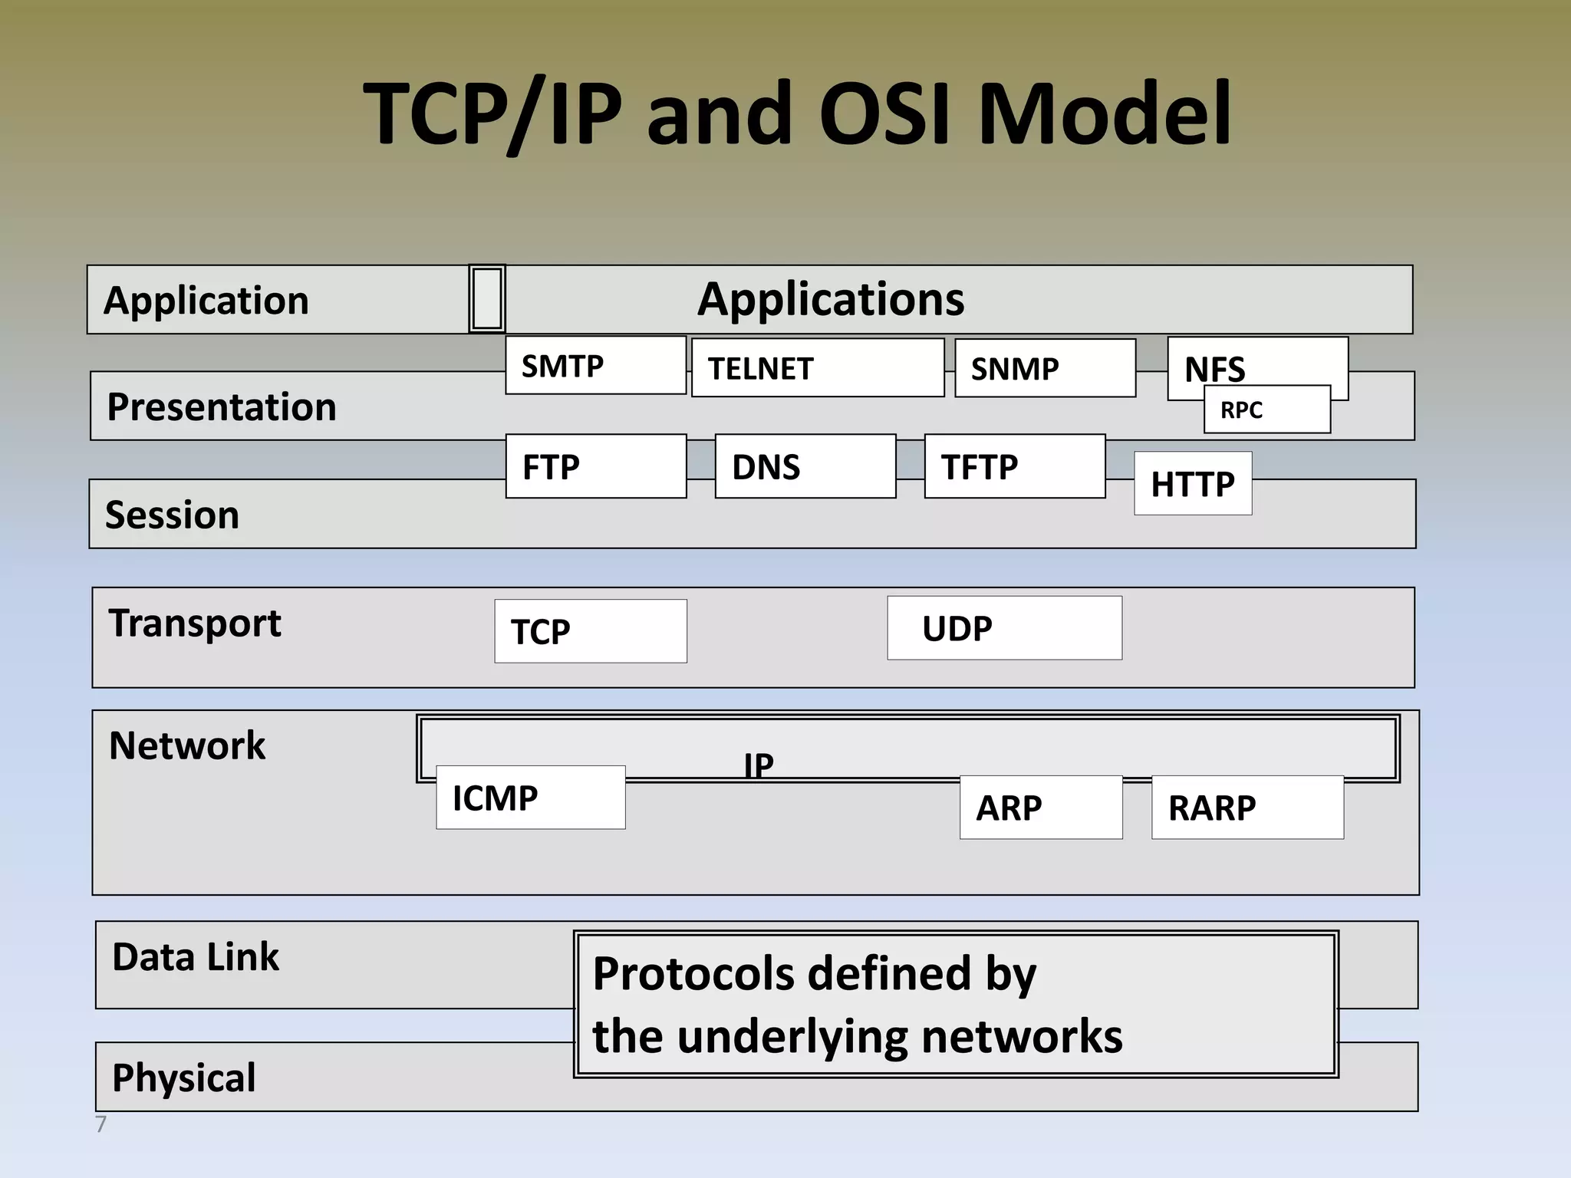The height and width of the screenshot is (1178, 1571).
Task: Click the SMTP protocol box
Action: point(595,366)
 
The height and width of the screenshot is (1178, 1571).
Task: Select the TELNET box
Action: point(817,368)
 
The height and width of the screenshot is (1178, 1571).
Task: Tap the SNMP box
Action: point(1045,369)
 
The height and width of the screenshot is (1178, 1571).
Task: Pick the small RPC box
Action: point(1266,410)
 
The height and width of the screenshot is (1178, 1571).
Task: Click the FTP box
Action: point(595,467)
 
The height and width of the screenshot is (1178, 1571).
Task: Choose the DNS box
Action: point(805,467)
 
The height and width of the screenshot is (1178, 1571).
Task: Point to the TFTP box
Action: point(1014,467)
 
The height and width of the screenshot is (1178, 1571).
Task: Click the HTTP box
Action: point(1193,484)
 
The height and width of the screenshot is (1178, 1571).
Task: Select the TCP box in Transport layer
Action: point(590,632)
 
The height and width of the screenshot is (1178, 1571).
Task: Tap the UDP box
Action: point(1004,629)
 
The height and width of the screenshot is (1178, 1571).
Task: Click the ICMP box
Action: point(530,798)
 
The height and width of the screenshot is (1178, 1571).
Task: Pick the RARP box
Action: point(1247,808)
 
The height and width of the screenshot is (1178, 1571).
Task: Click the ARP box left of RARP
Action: point(1040,808)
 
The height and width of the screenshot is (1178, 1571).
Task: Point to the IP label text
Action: point(759,765)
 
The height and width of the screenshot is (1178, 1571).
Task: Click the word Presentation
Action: point(221,406)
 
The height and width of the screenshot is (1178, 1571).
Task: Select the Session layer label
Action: point(172,515)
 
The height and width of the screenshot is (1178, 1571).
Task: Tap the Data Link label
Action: point(196,957)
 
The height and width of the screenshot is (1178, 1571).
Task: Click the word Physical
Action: point(183,1078)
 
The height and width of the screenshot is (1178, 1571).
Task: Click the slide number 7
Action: point(100,1125)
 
